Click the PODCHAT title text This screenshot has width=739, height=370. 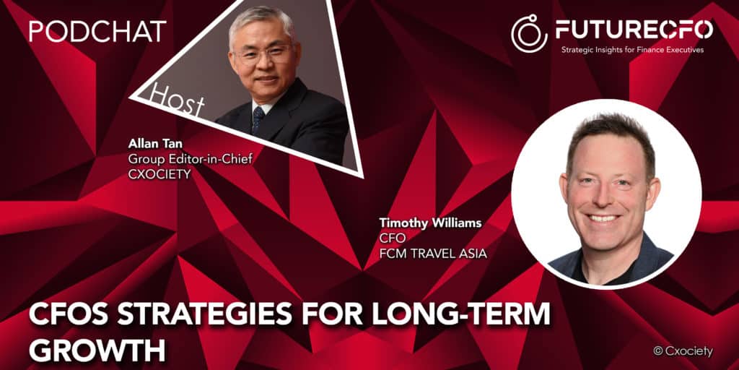coord(97,31)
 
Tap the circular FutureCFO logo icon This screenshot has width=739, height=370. coord(530,33)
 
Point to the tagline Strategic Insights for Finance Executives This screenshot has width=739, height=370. coord(632,50)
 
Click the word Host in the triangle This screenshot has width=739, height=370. coord(178,98)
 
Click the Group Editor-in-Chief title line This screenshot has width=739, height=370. coord(191,160)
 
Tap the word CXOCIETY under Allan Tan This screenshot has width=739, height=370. coord(159,175)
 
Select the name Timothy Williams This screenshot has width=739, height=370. coord(430,223)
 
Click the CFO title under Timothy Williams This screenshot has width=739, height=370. coord(389,238)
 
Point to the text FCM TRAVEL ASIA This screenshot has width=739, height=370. coord(433,254)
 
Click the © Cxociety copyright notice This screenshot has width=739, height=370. coord(683,351)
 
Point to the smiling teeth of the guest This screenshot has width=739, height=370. coord(604,218)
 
